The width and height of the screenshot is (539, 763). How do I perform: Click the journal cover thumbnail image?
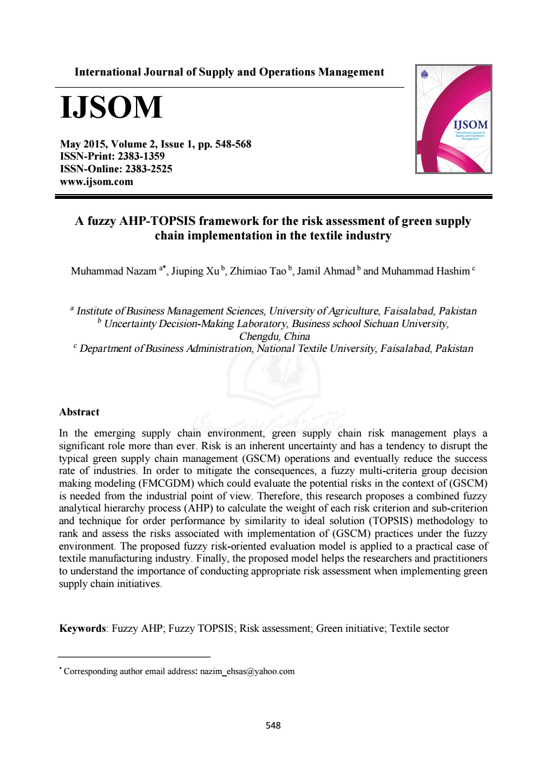pos(453,119)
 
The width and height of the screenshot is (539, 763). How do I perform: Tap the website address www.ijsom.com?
pos(97,181)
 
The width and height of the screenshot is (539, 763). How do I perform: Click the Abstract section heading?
pos(79,412)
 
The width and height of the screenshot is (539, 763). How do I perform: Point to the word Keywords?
pos(82,628)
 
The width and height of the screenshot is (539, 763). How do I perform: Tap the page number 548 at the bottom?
pos(274,726)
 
